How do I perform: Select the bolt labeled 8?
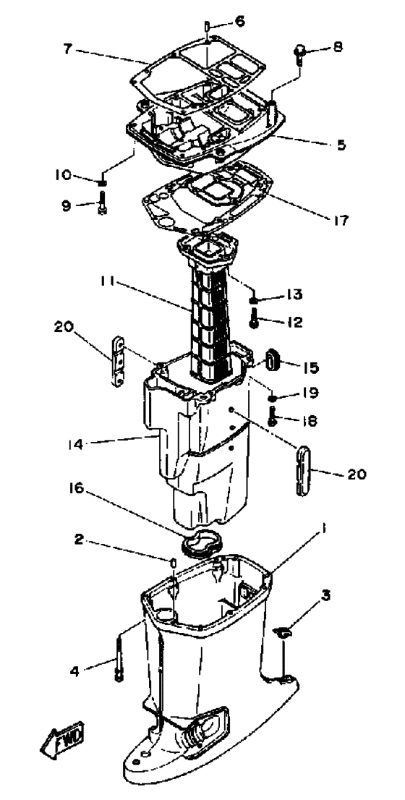coord(297,53)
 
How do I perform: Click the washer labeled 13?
coord(254,298)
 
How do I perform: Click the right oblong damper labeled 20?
coord(302,470)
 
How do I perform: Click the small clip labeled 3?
coord(283,633)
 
